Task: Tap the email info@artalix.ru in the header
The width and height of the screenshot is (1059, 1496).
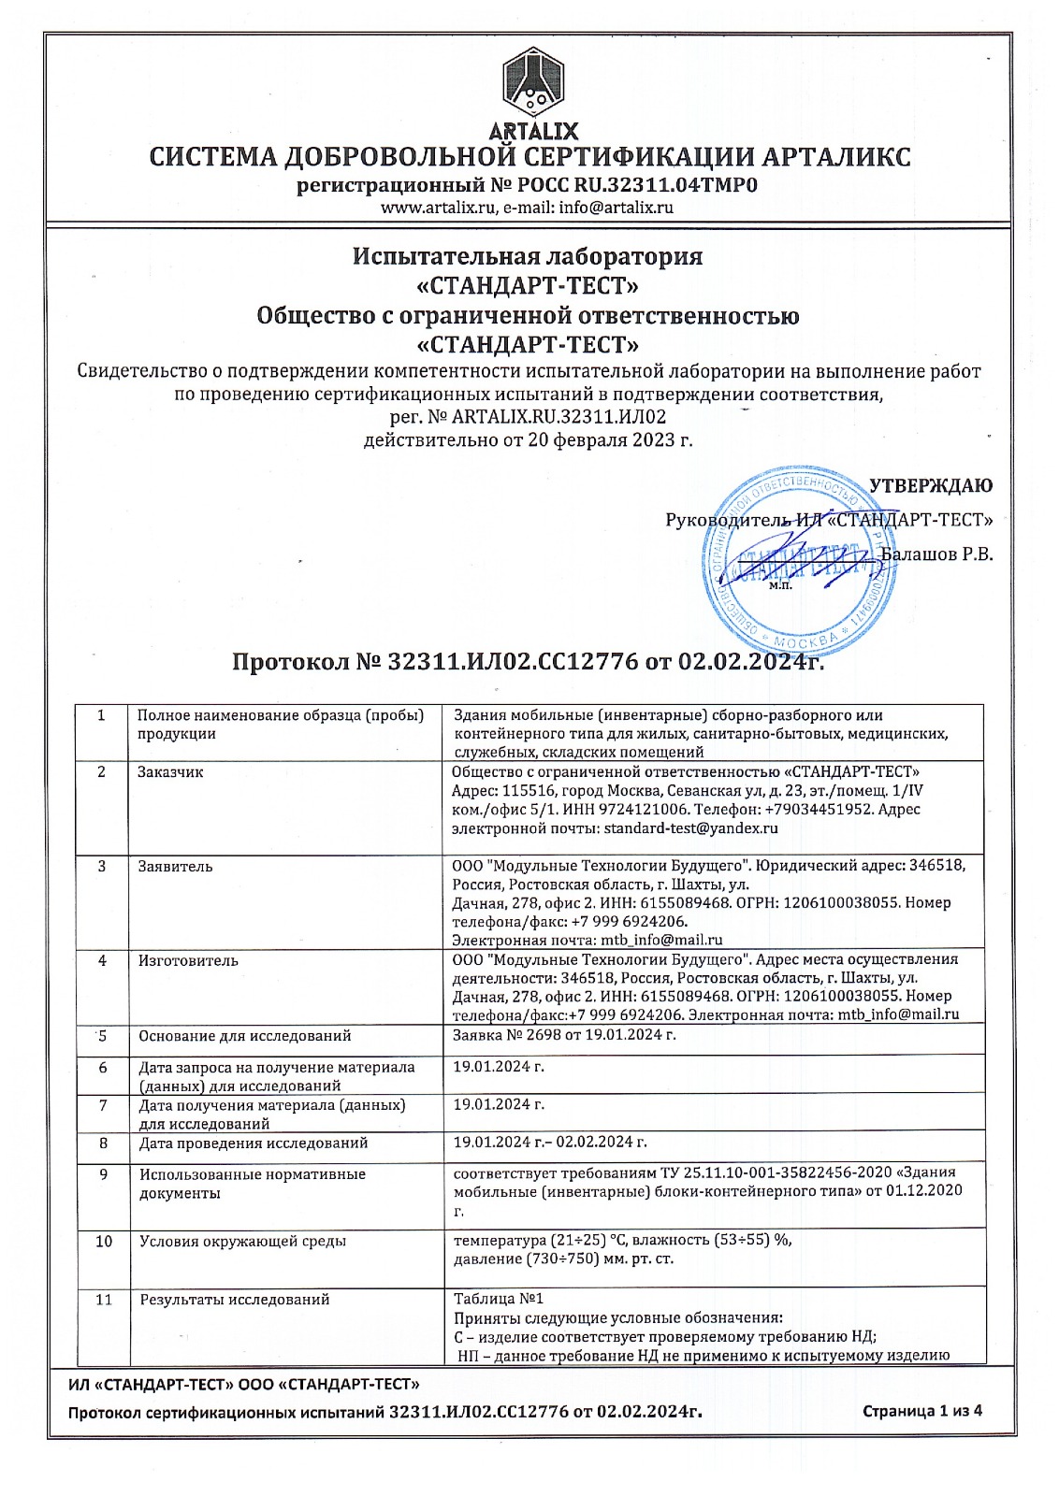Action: [616, 209]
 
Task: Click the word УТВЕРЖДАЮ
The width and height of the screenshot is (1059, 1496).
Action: [931, 486]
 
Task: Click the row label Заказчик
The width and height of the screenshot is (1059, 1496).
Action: [170, 772]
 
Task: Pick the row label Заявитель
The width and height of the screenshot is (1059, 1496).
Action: [175, 867]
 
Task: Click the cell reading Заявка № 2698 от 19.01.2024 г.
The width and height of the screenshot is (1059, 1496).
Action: [564, 1035]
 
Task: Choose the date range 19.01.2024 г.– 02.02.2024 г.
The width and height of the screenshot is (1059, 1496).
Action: [550, 1143]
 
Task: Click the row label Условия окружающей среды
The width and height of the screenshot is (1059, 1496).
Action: [242, 1242]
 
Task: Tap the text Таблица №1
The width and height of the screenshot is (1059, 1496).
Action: [498, 1299]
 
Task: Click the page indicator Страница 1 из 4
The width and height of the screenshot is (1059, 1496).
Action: [921, 1412]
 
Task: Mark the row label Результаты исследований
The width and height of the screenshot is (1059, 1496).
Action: [234, 1300]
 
